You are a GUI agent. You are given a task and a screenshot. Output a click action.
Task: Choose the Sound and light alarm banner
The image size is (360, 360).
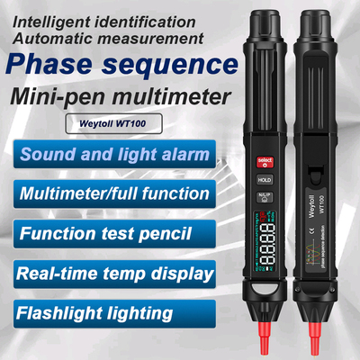tap(112, 154)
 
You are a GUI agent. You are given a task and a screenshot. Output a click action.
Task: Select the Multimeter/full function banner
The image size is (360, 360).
tap(112, 193)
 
